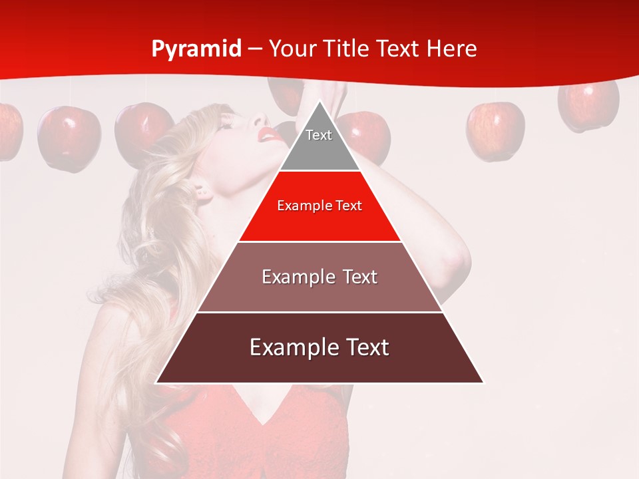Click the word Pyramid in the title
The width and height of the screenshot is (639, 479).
tap(196, 49)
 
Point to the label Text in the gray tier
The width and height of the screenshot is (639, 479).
tap(319, 135)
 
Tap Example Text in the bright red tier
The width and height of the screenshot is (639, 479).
tap(319, 206)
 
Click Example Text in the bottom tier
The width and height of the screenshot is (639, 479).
tap(319, 347)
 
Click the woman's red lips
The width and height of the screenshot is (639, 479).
tap(270, 135)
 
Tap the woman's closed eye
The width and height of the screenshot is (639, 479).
tap(226, 124)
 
